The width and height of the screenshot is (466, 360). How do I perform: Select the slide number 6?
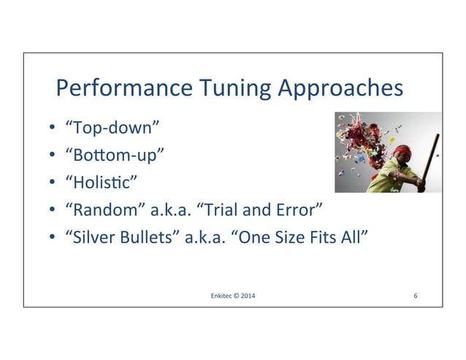[x=415, y=296]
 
